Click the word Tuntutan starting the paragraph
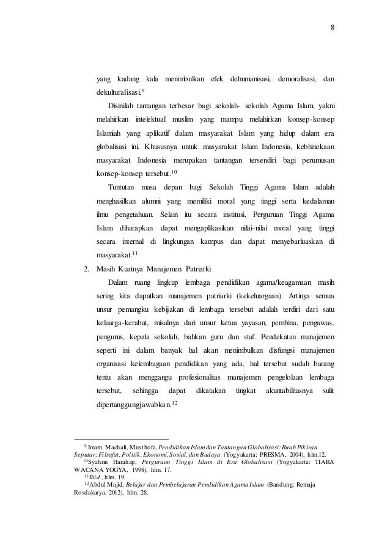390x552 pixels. [x=123, y=186]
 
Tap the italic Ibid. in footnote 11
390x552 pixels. [x=95, y=479]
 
